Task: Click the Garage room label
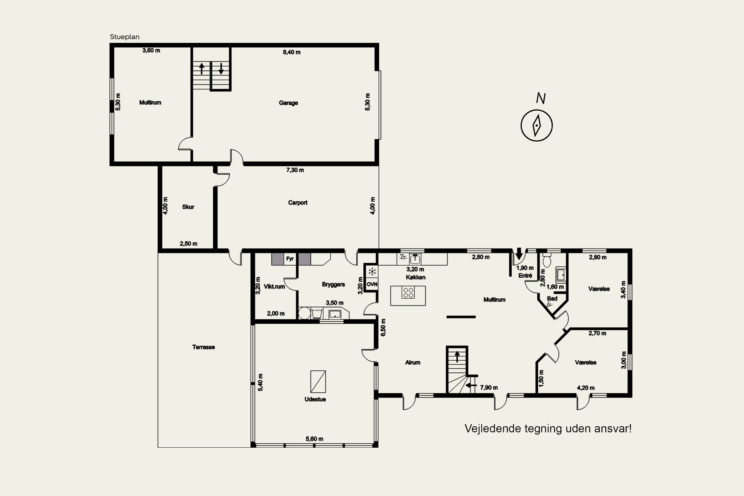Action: click(288, 103)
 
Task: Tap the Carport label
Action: click(298, 202)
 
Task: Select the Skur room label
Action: click(188, 207)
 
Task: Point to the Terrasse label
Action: click(203, 347)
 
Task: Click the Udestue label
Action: click(315, 399)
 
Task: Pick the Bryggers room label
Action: click(333, 284)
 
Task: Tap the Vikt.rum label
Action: click(274, 287)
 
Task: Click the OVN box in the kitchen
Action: click(372, 284)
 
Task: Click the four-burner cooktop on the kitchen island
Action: click(408, 293)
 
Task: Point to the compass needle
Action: click(537, 125)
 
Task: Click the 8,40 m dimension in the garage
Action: click(292, 52)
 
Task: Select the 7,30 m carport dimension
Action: click(295, 170)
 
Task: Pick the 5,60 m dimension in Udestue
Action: click(314, 439)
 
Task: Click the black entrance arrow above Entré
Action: click(519, 254)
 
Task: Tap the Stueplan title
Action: click(125, 37)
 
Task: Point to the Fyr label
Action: click(290, 259)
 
